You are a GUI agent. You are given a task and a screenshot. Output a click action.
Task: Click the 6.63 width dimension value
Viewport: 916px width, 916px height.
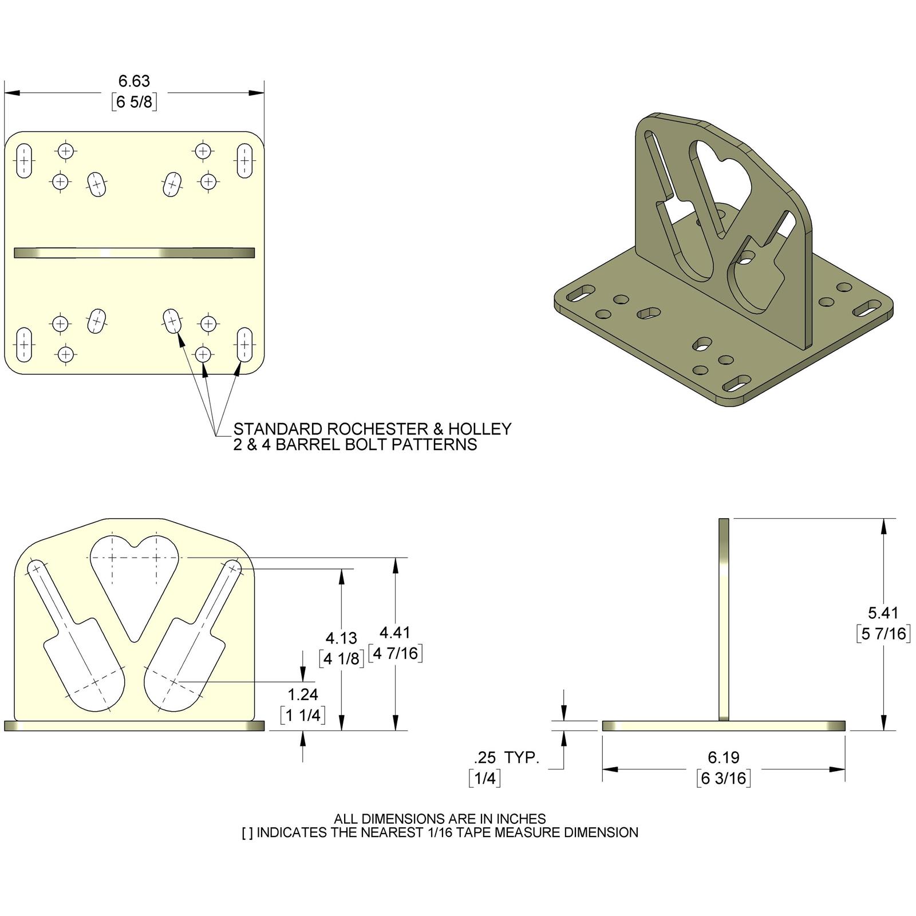click(x=134, y=81)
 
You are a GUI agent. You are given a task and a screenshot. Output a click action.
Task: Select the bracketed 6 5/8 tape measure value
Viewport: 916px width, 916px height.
click(x=134, y=102)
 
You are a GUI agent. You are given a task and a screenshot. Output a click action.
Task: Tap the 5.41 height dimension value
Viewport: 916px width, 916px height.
click(x=883, y=613)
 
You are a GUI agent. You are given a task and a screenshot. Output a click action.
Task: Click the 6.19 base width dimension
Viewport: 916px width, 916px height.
click(x=724, y=757)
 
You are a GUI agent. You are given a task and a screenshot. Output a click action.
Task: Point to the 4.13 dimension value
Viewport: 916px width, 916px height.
click(x=341, y=638)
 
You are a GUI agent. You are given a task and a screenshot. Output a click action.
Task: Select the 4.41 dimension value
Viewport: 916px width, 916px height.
click(x=395, y=632)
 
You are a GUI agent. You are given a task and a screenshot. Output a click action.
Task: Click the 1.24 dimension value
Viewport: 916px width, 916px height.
click(x=303, y=694)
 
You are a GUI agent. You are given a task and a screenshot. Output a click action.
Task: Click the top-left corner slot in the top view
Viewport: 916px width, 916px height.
click(x=23, y=161)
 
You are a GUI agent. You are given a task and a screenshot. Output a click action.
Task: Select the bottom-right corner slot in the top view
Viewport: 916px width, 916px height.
click(x=244, y=344)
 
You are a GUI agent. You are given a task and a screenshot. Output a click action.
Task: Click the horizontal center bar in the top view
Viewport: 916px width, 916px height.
click(x=134, y=252)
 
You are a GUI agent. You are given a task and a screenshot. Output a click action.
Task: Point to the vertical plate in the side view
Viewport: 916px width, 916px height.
click(x=724, y=618)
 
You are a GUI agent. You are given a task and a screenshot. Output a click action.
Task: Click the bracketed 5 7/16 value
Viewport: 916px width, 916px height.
click(x=883, y=634)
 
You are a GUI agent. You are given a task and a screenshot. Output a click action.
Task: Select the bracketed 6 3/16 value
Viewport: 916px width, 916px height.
click(x=724, y=778)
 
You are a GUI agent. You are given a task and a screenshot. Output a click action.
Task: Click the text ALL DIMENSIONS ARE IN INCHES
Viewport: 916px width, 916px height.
click(x=440, y=819)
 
